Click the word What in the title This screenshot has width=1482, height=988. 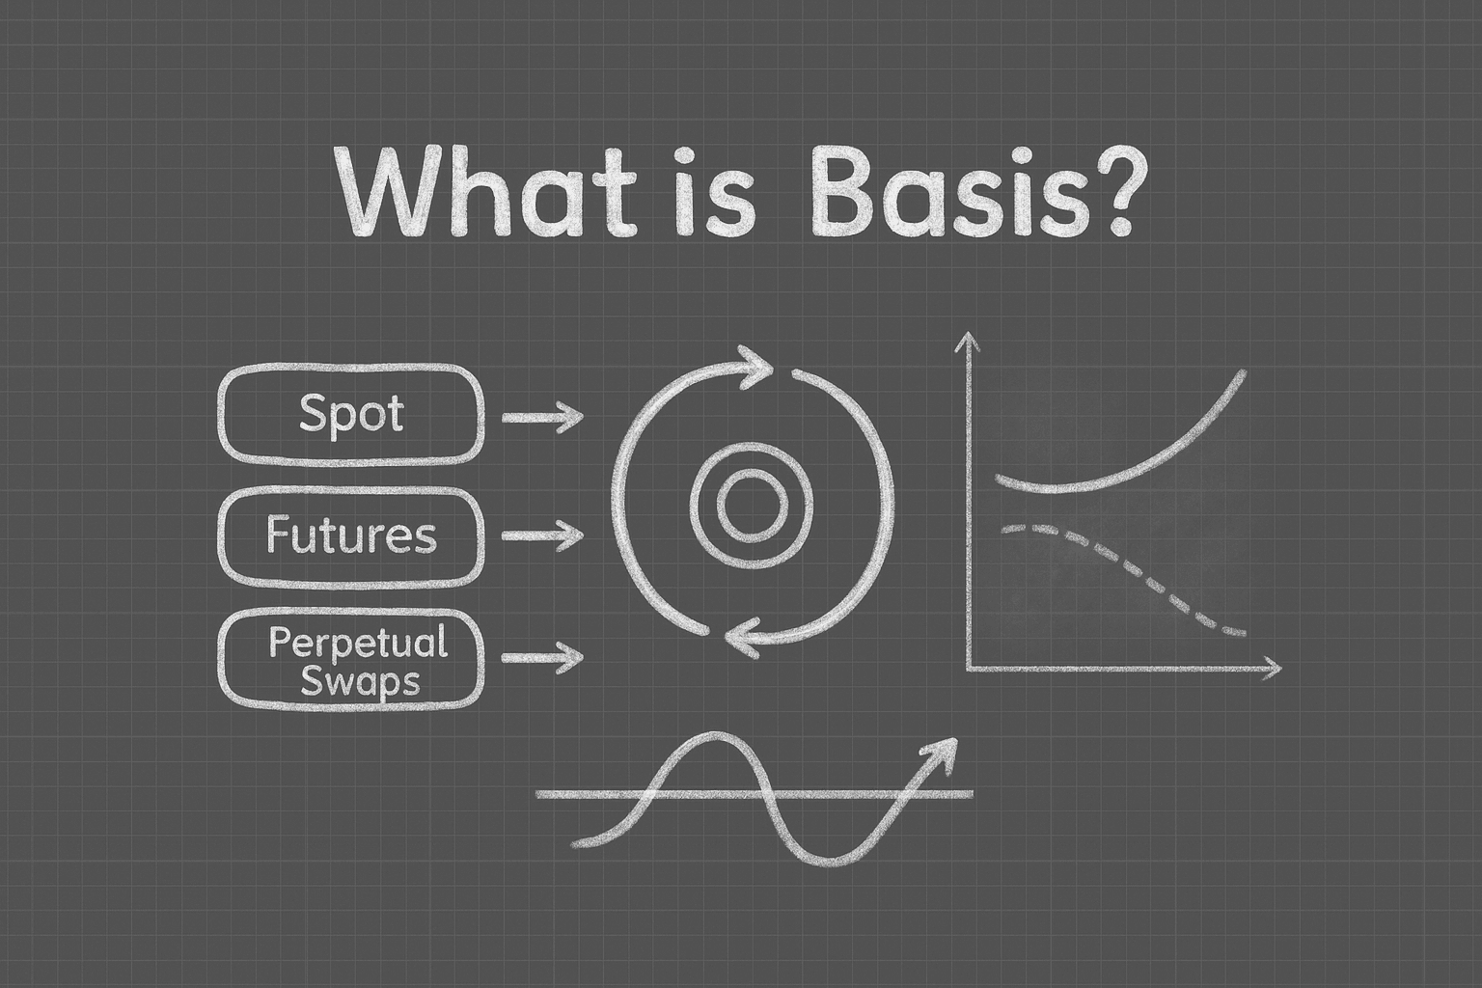(x=489, y=193)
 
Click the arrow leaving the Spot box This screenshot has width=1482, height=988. (x=542, y=417)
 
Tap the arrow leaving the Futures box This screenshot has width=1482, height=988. (x=542, y=535)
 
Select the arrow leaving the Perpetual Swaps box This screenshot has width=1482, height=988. (x=542, y=657)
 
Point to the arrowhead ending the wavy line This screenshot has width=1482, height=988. (x=940, y=754)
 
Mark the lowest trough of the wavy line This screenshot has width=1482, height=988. (x=829, y=863)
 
